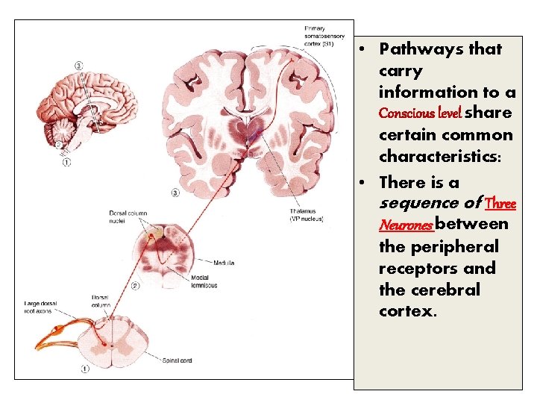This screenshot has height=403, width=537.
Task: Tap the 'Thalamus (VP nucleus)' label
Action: (307, 216)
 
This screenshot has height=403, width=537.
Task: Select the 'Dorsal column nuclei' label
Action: (128, 217)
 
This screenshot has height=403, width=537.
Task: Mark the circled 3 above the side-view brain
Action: (79, 66)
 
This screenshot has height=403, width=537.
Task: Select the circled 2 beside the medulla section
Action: (135, 286)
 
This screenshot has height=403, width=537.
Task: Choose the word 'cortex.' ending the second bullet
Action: (406, 311)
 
